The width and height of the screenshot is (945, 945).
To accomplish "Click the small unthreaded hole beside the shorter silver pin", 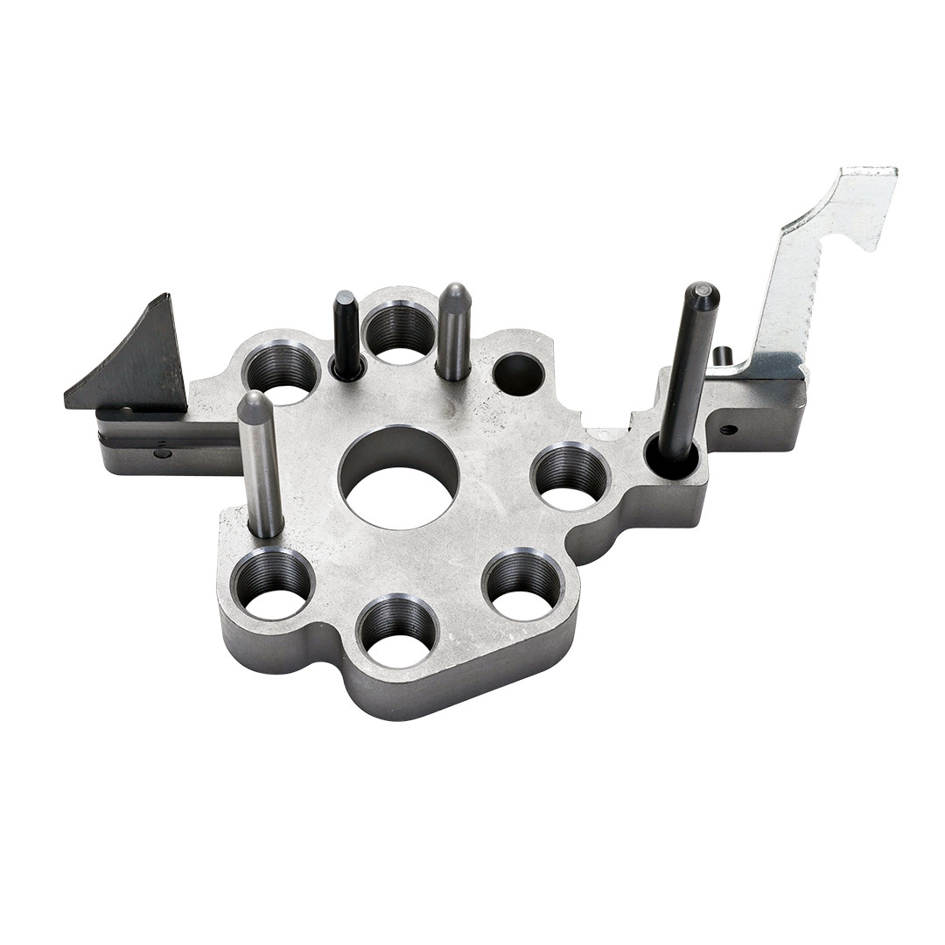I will (x=518, y=374).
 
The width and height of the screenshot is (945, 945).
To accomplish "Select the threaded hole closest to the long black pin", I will (x=570, y=476).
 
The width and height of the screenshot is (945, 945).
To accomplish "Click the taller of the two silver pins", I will (x=260, y=464).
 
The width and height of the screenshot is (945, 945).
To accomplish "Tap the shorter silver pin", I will (x=454, y=332).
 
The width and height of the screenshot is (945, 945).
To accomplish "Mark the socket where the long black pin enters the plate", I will (x=672, y=457).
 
